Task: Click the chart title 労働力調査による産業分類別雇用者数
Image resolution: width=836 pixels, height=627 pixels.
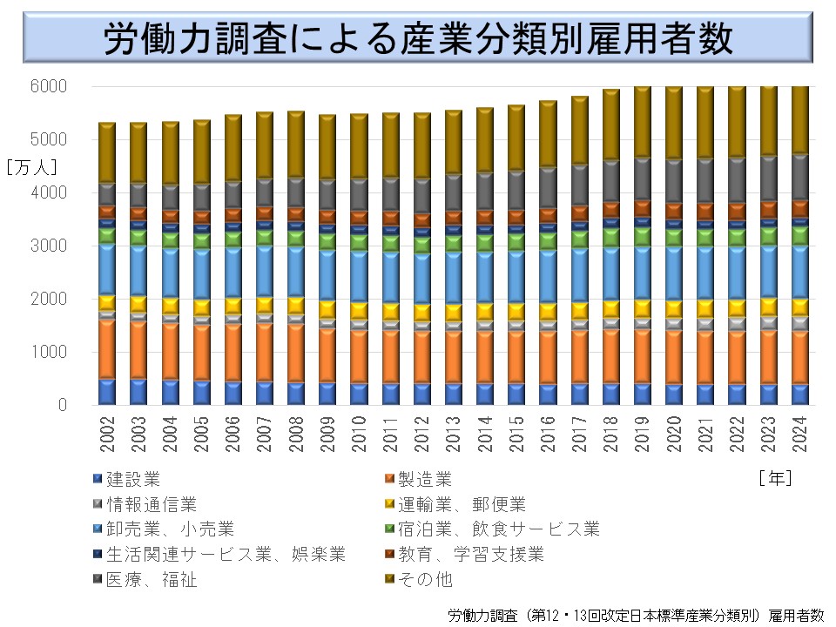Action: (418, 39)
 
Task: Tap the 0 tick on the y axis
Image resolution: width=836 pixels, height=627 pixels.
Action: (62, 405)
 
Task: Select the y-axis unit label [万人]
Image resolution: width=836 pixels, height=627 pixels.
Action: (32, 166)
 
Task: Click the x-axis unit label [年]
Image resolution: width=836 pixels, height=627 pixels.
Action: (774, 477)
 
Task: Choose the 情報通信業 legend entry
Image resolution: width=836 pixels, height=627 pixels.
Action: (152, 503)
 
